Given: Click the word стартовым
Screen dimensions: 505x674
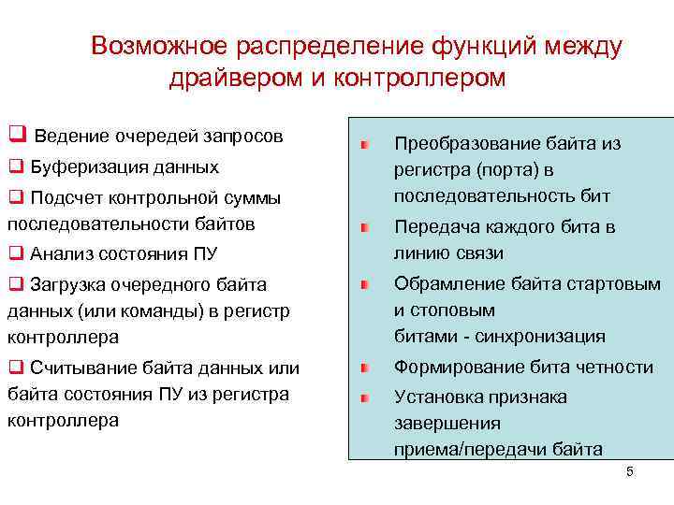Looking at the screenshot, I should click(617, 283).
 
